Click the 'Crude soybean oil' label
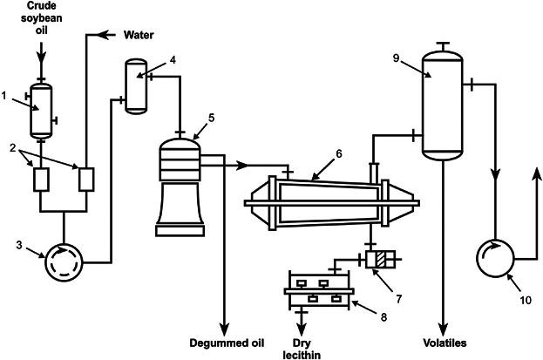[x=42, y=17]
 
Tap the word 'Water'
[x=139, y=35]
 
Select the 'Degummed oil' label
[x=227, y=343]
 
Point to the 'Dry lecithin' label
[x=302, y=349]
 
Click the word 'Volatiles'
[x=445, y=343]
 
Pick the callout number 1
[x=4, y=95]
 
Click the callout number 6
[x=339, y=153]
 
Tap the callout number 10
[x=526, y=300]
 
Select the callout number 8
[x=383, y=316]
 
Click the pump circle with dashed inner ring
[x=64, y=262]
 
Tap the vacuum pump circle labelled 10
[x=495, y=258]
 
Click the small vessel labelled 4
[x=136, y=86]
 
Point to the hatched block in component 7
[x=382, y=260]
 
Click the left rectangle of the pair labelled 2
[x=41, y=180]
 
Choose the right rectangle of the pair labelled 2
[x=86, y=180]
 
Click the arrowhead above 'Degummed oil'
[x=225, y=329]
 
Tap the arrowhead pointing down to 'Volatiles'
[x=444, y=329]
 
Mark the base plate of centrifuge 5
[x=180, y=231]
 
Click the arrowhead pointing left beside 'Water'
[x=102, y=35]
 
